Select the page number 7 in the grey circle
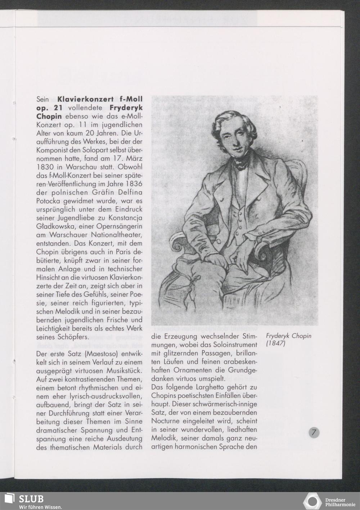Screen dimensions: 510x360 pos(314,433)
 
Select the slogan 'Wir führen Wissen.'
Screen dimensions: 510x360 pos(41,507)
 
